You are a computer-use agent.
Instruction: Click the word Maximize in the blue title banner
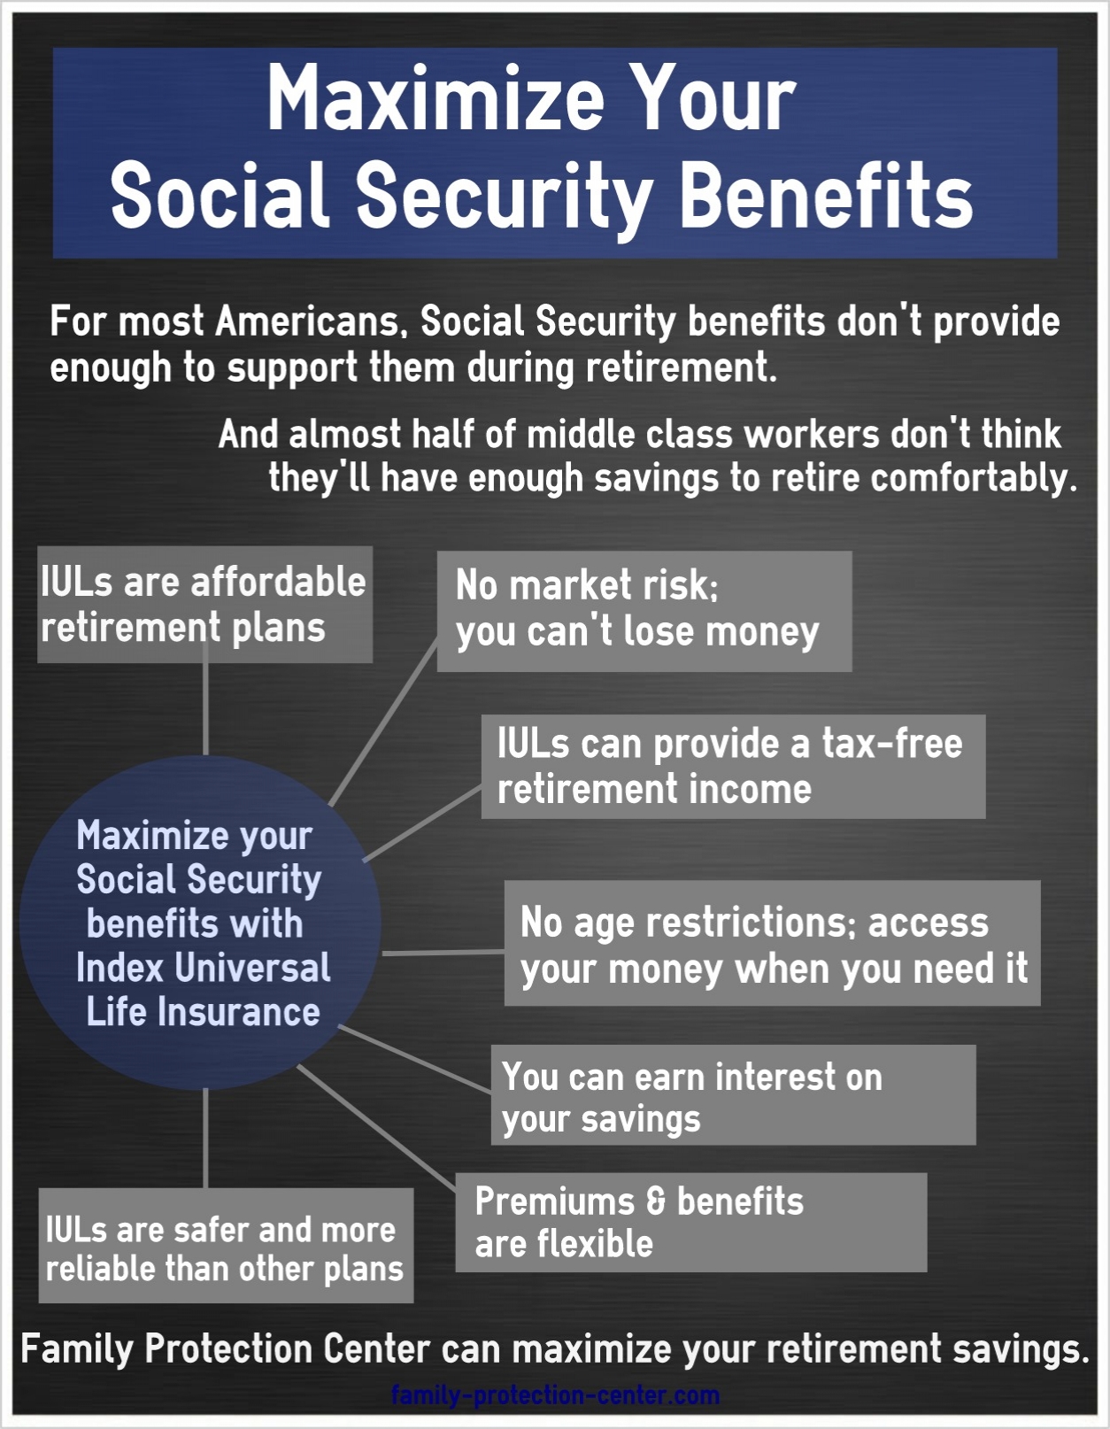pyautogui.click(x=436, y=98)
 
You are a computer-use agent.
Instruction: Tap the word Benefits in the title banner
pyautogui.click(x=826, y=197)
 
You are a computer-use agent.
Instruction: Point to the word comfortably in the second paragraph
pyautogui.click(x=974, y=478)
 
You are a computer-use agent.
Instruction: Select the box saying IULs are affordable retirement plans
pyautogui.click(x=205, y=605)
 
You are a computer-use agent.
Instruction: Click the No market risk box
pyautogui.click(x=644, y=611)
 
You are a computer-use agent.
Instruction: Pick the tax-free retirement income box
pyautogui.click(x=734, y=767)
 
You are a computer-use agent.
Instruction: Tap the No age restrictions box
pyautogui.click(x=773, y=943)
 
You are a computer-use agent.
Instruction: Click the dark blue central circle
pyautogui.click(x=201, y=923)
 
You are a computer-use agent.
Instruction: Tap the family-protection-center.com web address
pyautogui.click(x=555, y=1394)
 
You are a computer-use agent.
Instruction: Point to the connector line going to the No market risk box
pyautogui.click(x=384, y=722)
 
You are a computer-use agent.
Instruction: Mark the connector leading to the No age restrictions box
pyautogui.click(x=443, y=953)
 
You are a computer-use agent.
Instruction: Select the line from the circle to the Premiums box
pyautogui.click(x=377, y=1129)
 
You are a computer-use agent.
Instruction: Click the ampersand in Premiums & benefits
pyautogui.click(x=656, y=1201)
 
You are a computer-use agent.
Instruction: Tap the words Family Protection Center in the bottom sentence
pyautogui.click(x=226, y=1350)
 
